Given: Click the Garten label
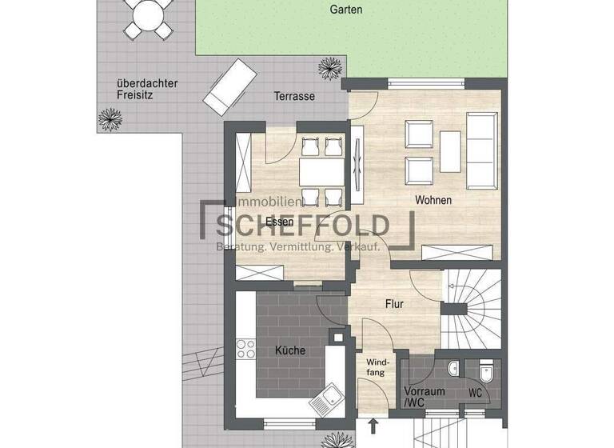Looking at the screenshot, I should click(345, 10).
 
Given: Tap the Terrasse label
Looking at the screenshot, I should click(294, 96).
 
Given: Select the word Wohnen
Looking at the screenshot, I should click(433, 200).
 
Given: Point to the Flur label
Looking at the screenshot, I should click(394, 304).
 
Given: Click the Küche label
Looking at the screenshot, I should click(290, 350).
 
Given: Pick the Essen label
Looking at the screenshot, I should click(280, 222).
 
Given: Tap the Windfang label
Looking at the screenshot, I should click(377, 367).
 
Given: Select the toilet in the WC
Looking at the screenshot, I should click(485, 372).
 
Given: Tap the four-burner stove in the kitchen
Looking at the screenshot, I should click(246, 350).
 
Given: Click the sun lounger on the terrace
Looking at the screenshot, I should click(229, 85).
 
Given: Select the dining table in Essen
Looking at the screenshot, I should click(312, 171).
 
